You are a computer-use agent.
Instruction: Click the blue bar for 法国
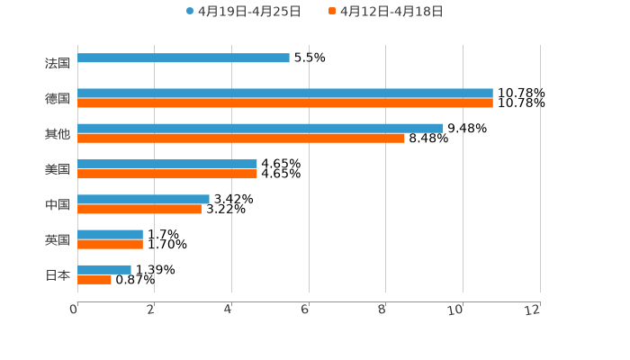(184, 58)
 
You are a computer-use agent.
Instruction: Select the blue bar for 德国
(285, 93)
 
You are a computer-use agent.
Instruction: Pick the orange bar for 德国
(285, 103)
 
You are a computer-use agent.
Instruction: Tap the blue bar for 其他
(260, 128)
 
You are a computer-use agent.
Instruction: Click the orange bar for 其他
(241, 138)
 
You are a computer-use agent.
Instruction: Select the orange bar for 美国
(167, 174)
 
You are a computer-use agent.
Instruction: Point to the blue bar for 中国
(143, 199)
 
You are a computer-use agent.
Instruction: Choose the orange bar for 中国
(139, 209)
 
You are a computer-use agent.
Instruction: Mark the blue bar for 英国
(110, 234)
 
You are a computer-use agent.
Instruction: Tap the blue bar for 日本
(104, 269)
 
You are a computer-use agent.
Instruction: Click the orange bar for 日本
(94, 279)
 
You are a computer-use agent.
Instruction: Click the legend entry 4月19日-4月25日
(243, 12)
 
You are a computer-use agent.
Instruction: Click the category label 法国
(57, 63)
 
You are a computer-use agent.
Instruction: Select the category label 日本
(57, 274)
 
